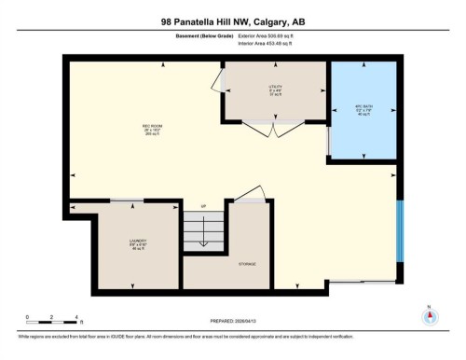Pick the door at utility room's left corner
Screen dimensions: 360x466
tap(223, 82)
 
